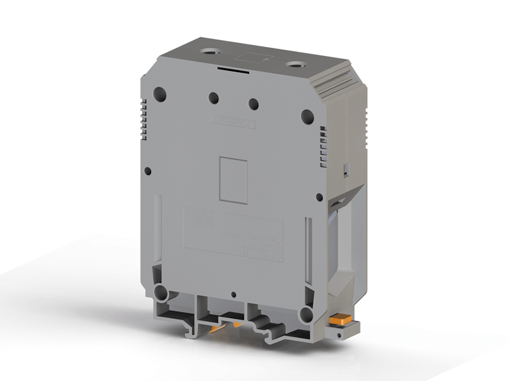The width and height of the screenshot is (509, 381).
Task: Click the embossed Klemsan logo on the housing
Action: point(233,121)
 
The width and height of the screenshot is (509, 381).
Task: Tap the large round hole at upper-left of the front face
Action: point(159,93)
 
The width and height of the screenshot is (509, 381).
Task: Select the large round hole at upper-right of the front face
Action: point(307,116)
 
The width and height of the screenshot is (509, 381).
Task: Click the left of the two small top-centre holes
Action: point(213,98)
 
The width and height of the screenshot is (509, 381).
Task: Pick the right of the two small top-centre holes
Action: point(253,104)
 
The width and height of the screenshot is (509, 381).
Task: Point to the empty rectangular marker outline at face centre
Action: point(233,180)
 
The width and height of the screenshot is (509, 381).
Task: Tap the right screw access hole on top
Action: point(294,63)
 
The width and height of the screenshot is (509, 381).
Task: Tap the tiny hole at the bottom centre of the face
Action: point(234,295)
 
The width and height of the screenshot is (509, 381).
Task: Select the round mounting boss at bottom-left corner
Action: point(161,294)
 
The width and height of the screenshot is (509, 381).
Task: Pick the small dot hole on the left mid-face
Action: point(148,171)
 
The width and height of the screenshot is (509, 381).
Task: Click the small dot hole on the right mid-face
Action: point(319,197)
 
